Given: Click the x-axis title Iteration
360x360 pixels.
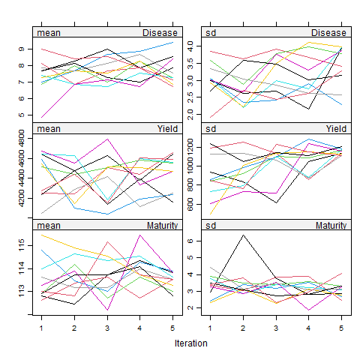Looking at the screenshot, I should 191,342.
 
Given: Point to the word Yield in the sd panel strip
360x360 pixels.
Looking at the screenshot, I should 337,129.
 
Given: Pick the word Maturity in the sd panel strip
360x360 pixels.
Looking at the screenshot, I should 331,225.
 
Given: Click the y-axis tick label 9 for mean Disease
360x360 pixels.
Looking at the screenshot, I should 22,49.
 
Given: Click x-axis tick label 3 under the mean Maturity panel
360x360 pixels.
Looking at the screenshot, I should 106,327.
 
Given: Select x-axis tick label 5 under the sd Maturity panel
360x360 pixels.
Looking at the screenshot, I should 342,327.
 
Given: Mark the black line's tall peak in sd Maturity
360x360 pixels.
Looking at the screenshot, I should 242,235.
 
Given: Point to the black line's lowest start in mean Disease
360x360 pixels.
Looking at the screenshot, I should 40,117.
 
